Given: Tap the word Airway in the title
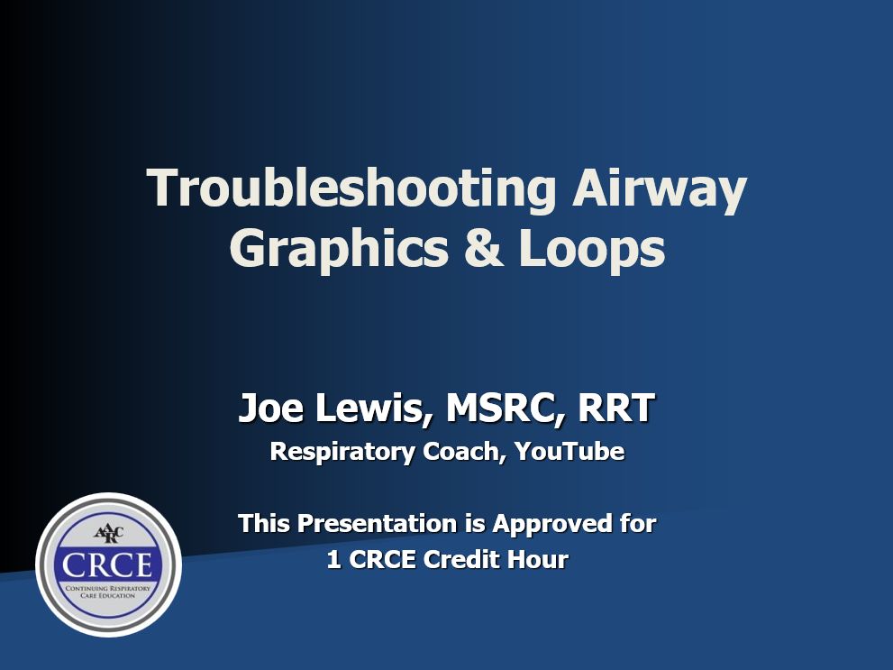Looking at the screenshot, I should pos(660,189).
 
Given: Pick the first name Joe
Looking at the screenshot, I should pos(267,408).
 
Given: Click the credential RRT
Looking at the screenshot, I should pos(615,408).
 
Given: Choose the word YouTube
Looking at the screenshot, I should pos(570,451).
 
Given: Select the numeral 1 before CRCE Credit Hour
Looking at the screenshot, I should pos(334,560).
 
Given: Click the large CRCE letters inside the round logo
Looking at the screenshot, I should pos(108,565).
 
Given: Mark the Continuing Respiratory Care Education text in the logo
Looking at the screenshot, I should pos(108,592).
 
